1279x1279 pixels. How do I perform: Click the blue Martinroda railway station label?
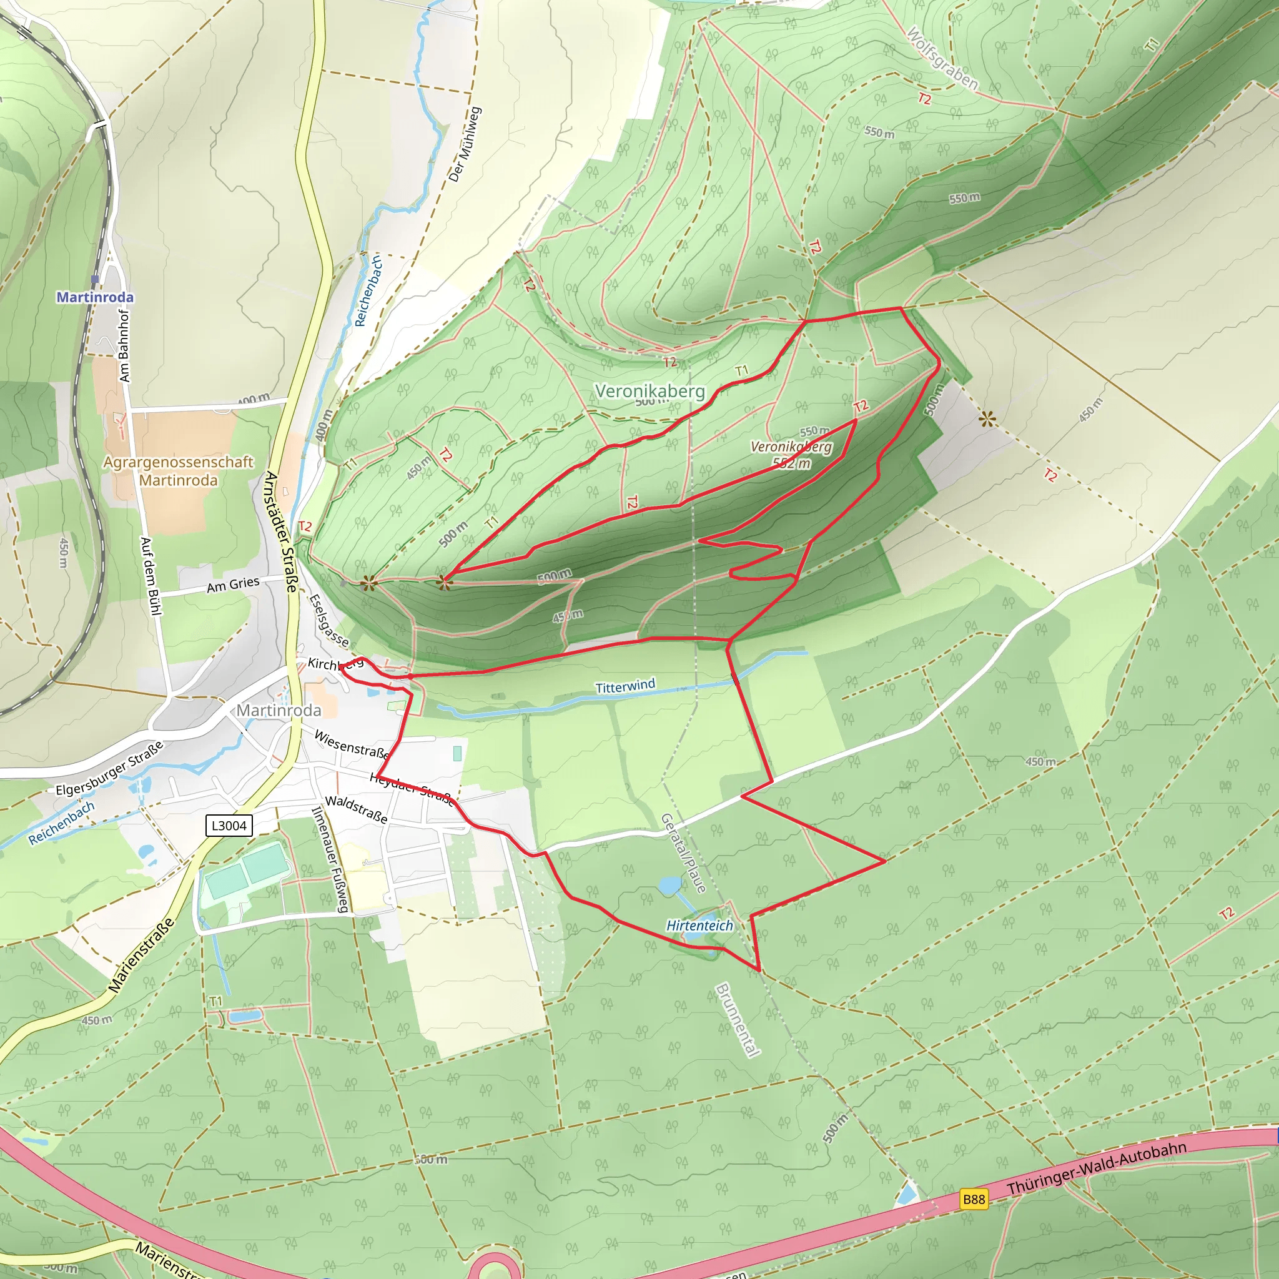tap(95, 297)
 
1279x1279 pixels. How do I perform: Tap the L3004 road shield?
tap(229, 826)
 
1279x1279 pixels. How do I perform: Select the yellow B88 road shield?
tap(974, 1199)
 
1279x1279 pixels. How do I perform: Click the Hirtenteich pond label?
tap(699, 926)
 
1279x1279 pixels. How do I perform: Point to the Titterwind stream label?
tap(625, 686)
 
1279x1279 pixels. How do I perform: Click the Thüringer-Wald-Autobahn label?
tap(1096, 1169)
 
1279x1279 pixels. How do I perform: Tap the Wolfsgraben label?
tap(941, 58)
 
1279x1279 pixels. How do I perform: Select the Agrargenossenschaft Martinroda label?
tap(178, 472)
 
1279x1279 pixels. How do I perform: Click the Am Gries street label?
tap(233, 585)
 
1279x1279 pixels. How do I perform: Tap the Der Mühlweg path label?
tap(465, 144)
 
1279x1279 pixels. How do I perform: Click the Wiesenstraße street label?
tap(351, 744)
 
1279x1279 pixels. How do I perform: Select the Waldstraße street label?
tap(356, 809)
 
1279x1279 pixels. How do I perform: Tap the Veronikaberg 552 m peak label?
tap(791, 455)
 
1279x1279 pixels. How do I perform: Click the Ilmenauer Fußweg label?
tap(330, 859)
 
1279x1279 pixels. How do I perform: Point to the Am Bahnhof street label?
tap(124, 345)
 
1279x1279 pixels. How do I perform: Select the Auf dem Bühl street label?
tap(151, 576)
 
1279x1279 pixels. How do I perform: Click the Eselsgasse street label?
tap(329, 620)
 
